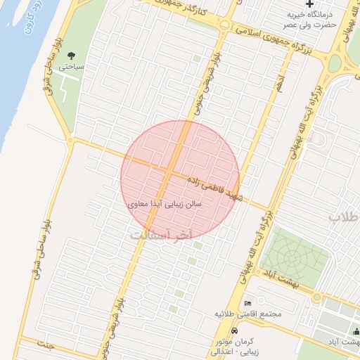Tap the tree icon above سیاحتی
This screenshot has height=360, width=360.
[71, 56]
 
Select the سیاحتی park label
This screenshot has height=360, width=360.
[71, 67]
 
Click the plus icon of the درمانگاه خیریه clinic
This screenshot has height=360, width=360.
[308, 5]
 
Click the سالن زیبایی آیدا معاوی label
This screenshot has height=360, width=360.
[166, 203]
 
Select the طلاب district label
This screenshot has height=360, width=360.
[345, 217]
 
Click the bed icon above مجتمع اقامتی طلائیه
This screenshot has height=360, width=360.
[247, 304]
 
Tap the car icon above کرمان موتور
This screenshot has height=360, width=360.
[234, 330]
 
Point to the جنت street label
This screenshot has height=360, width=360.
[46, 345]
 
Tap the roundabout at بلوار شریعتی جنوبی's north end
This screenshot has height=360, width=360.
[224, 25]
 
